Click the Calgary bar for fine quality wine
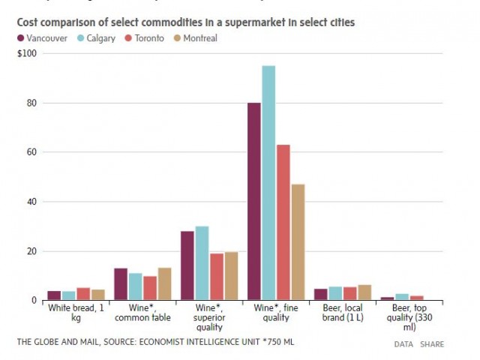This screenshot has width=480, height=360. click(x=268, y=183)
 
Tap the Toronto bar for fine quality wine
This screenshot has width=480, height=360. click(x=283, y=222)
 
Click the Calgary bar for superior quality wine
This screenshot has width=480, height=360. click(x=202, y=263)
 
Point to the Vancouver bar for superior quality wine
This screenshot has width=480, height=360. click(x=187, y=265)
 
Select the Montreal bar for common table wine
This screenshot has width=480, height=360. click(x=164, y=284)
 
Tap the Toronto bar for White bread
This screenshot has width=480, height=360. click(x=83, y=294)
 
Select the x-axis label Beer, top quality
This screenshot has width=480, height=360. click(x=407, y=316)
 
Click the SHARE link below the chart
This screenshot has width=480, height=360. click(x=432, y=344)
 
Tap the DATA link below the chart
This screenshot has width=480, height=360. click(x=403, y=344)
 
